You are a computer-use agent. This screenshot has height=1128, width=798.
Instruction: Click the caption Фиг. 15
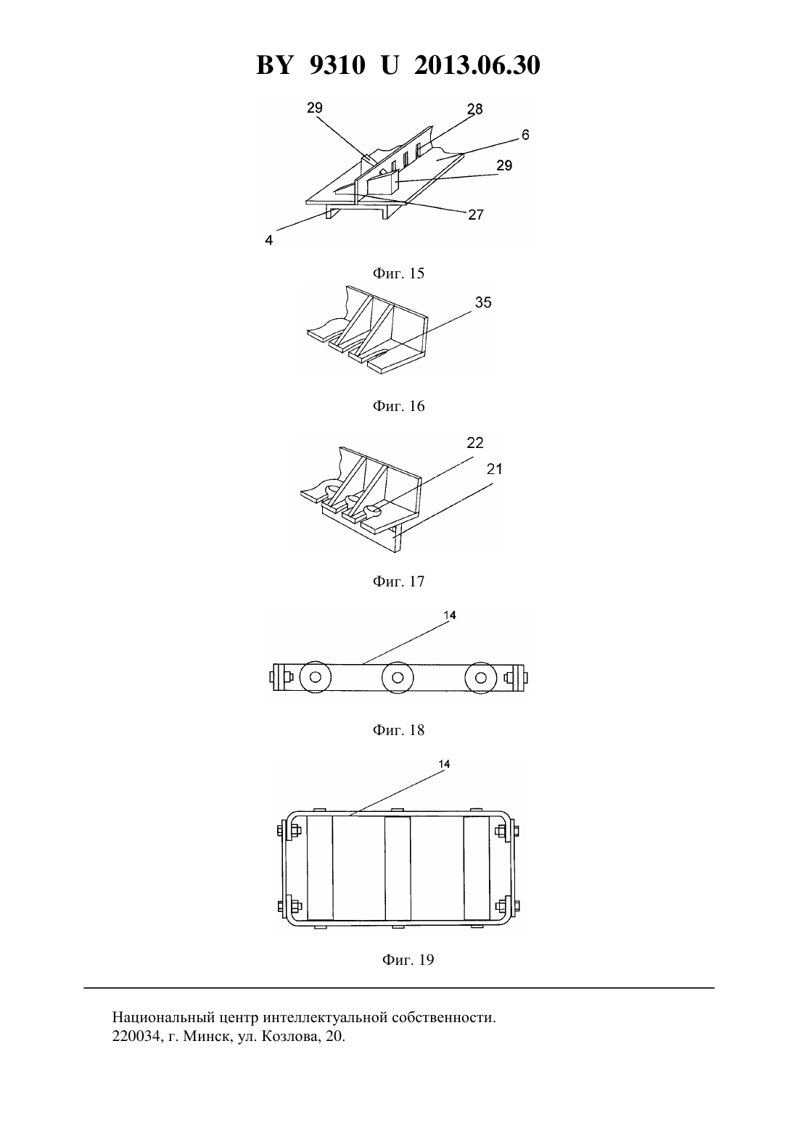[x=398, y=273]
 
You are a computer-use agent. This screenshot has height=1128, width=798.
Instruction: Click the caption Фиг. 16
[x=398, y=406]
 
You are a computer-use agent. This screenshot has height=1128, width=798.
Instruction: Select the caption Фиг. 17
[x=398, y=581]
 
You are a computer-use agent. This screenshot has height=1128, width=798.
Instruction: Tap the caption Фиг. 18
[x=398, y=730]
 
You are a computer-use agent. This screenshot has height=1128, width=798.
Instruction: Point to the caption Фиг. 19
[x=408, y=959]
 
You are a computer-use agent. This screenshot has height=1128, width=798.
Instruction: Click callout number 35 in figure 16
[x=483, y=302]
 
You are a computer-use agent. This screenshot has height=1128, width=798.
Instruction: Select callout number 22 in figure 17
[x=475, y=443]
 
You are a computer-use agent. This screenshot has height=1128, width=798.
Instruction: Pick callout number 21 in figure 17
[x=494, y=469]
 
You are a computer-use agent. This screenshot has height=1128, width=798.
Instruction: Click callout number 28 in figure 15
[x=474, y=109]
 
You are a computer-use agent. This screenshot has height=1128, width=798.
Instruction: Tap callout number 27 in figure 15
[x=476, y=215]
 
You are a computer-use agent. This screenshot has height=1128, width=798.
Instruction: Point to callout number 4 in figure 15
[x=269, y=241]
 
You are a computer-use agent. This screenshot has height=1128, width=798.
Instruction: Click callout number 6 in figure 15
[x=525, y=135]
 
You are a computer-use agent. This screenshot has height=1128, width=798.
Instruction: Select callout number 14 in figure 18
[x=450, y=615]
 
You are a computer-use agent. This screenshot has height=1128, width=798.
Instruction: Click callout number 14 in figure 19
[x=444, y=764]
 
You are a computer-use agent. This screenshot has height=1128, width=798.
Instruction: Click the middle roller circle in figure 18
[x=398, y=677]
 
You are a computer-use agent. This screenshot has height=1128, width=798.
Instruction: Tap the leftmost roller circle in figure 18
[x=316, y=677]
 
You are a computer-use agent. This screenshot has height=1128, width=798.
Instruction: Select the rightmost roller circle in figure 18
[x=480, y=677]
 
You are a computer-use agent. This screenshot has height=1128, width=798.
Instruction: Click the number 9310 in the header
[x=337, y=65]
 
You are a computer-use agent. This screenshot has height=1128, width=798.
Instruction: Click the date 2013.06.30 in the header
[x=477, y=65]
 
